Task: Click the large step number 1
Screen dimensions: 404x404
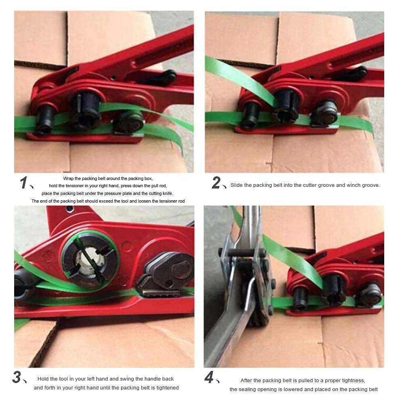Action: click(x=23, y=182)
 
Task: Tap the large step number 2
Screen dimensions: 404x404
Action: click(x=216, y=182)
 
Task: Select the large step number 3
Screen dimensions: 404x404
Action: click(x=17, y=377)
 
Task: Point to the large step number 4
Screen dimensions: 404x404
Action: click(x=209, y=377)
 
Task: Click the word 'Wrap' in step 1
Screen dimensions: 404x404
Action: click(x=68, y=178)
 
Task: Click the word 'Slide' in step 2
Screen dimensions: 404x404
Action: click(x=236, y=185)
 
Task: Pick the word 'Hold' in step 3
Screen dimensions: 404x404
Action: click(x=43, y=379)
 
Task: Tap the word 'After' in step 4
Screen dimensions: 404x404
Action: click(x=246, y=381)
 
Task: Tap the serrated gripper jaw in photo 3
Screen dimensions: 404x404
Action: click(x=158, y=293)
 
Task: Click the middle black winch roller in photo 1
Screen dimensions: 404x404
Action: click(x=86, y=109)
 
